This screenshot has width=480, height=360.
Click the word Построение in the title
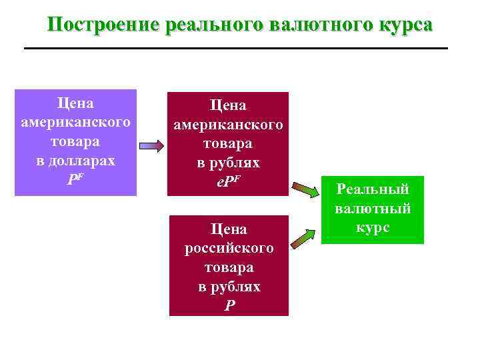click(x=102, y=25)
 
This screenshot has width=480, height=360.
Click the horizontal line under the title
click(x=235, y=48)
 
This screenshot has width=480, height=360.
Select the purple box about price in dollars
click(x=75, y=142)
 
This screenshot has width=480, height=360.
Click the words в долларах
click(x=75, y=161)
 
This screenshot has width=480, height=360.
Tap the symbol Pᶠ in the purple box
click(x=75, y=180)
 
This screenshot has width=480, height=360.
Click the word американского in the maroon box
click(x=228, y=125)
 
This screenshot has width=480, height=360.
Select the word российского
click(x=229, y=248)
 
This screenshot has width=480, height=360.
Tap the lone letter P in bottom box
click(x=229, y=305)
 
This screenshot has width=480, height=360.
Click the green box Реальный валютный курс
click(x=372, y=207)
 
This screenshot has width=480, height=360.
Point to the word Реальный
click(x=372, y=189)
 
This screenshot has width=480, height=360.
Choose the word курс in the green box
click(x=372, y=227)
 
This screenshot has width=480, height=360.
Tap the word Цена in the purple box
click(x=75, y=103)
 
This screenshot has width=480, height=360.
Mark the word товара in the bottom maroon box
click(x=229, y=267)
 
